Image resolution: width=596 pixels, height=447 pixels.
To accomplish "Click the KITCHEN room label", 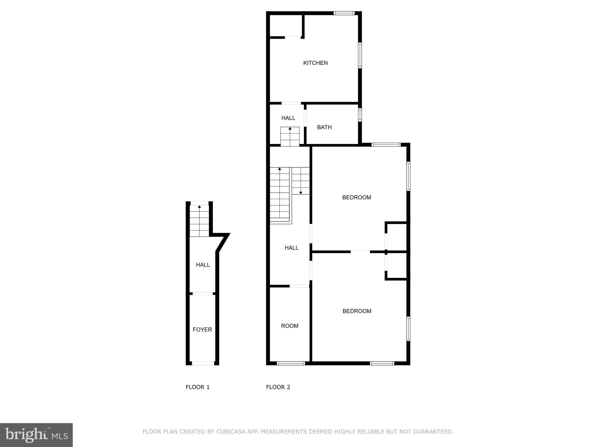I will pyautogui.click(x=315, y=63).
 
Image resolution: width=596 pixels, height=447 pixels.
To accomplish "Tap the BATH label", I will pyautogui.click(x=324, y=127).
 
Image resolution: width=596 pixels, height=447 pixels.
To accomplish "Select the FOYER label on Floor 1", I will pyautogui.click(x=202, y=329).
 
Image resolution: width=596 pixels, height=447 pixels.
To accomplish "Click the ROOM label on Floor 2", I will pyautogui.click(x=290, y=326).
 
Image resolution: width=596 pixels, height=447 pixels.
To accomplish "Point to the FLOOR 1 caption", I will pyautogui.click(x=198, y=387).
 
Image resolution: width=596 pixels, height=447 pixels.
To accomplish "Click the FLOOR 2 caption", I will pyautogui.click(x=278, y=387).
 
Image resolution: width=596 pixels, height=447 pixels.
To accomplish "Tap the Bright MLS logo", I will pyautogui.click(x=36, y=435).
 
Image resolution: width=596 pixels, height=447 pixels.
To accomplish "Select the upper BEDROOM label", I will pyautogui.click(x=356, y=197).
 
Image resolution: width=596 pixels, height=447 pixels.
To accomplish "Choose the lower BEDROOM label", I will pyautogui.click(x=357, y=311).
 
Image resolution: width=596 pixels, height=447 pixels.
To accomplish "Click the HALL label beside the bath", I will pyautogui.click(x=288, y=118).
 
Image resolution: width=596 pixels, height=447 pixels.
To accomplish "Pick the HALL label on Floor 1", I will pyautogui.click(x=203, y=265).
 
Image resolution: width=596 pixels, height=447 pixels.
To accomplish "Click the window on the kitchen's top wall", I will pyautogui.click(x=344, y=13).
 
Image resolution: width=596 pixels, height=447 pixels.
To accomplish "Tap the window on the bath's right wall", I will pyautogui.click(x=360, y=115).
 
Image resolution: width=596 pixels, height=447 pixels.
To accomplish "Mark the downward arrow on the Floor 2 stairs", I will pyautogui.click(x=301, y=192).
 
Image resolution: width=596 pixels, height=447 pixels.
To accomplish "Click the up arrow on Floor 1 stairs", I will pyautogui.click(x=199, y=207).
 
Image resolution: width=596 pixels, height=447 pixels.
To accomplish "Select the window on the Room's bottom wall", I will pyautogui.click(x=290, y=363).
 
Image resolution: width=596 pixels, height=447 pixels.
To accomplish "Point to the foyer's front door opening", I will pyautogui.click(x=203, y=363).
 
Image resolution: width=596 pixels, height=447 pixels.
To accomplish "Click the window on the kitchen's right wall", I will pyautogui.click(x=360, y=55).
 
